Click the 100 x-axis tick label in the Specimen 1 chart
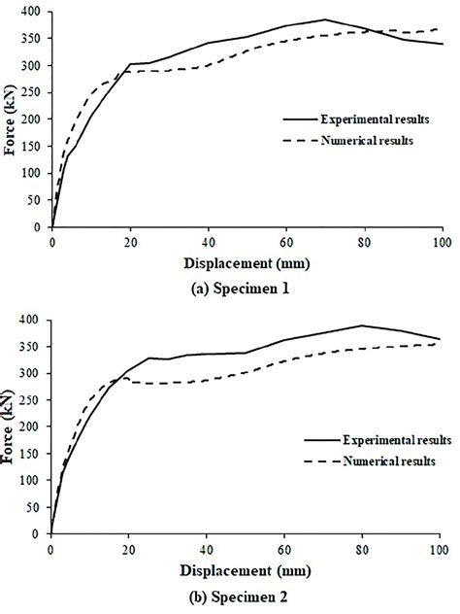tap(443, 241)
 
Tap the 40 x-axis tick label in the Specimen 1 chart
tap(208, 241)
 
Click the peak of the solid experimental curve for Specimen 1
tap(325, 19)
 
